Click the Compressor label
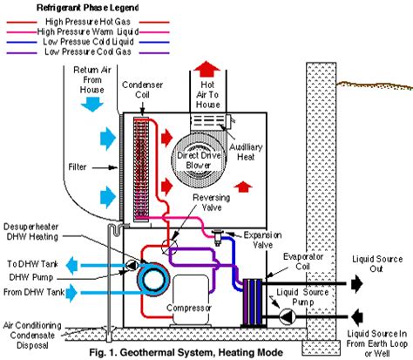189,308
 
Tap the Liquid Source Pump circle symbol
288,316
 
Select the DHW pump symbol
132,265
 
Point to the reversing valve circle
169,248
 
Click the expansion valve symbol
218,237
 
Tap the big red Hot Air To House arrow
206,69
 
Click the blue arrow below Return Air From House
92,105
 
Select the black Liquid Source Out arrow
357,283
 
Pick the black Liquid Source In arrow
357,316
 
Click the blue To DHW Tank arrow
71,265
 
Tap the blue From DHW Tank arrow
71,293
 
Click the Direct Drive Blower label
199,160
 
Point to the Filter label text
78,167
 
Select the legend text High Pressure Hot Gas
88,22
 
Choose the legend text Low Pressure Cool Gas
88,51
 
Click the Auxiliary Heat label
246,152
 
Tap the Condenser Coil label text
142,90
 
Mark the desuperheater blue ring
153,280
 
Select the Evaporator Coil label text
303,262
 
